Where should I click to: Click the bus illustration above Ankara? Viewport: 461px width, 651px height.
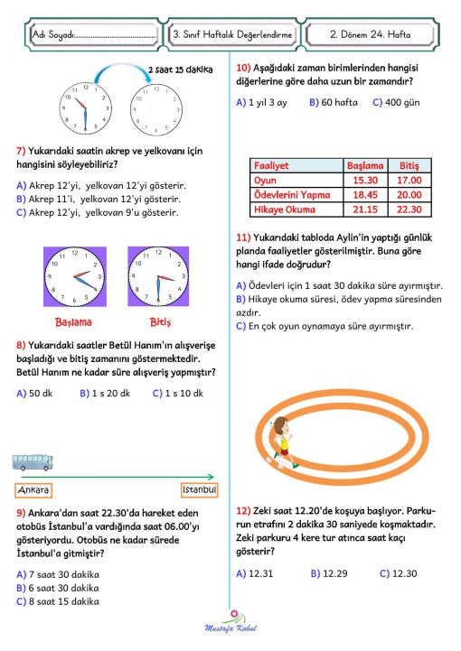tap(33, 463)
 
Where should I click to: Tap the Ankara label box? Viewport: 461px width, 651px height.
tap(33, 489)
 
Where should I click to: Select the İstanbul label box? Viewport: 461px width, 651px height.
tap(199, 489)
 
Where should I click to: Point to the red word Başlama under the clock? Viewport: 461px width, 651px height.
tap(73, 321)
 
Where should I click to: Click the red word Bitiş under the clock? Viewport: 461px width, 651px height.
tap(159, 321)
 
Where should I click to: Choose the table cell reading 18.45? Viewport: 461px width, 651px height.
tap(365, 194)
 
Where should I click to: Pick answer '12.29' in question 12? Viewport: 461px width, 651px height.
tap(326, 572)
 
